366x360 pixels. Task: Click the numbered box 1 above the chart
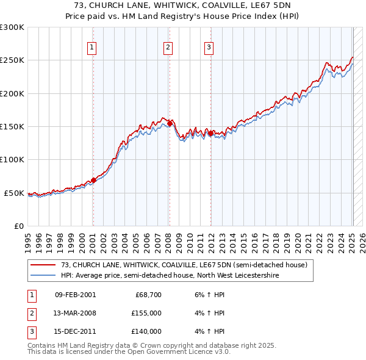92,48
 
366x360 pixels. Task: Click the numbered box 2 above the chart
168,48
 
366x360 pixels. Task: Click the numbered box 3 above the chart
209,48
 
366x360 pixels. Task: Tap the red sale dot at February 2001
93,180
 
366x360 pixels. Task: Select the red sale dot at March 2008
170,123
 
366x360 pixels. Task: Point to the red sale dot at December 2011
210,133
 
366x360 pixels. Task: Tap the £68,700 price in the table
148,295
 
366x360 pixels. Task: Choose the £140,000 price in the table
146,331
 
